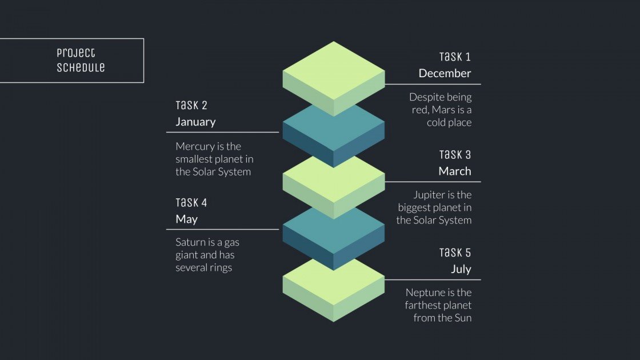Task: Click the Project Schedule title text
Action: (x=81, y=60)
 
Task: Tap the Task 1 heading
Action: (x=455, y=57)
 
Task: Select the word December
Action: (x=445, y=73)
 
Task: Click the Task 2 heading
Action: (x=191, y=105)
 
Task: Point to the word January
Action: (x=195, y=122)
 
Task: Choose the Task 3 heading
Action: (x=455, y=155)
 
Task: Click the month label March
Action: (x=455, y=171)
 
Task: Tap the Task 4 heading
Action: (x=191, y=203)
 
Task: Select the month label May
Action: (x=186, y=219)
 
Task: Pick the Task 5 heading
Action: (x=455, y=253)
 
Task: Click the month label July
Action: (x=461, y=269)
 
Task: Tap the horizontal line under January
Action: (x=222, y=132)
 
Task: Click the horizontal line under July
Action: (x=433, y=279)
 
